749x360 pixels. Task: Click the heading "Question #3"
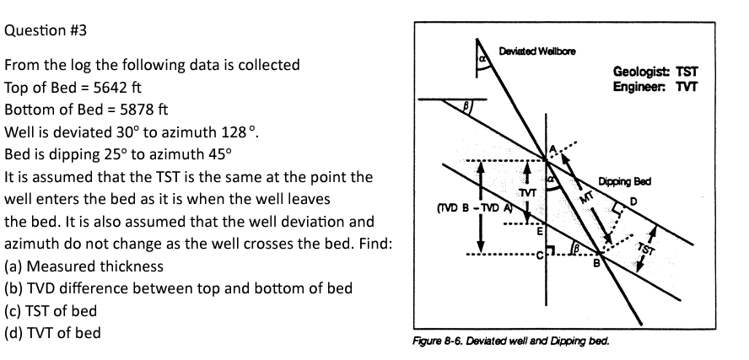[46, 30]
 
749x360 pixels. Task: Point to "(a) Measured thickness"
[84, 267]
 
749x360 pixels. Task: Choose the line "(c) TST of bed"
[51, 311]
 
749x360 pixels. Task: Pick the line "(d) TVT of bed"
[52, 333]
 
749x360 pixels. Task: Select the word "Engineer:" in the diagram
[640, 86]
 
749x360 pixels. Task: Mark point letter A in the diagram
[553, 148]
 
